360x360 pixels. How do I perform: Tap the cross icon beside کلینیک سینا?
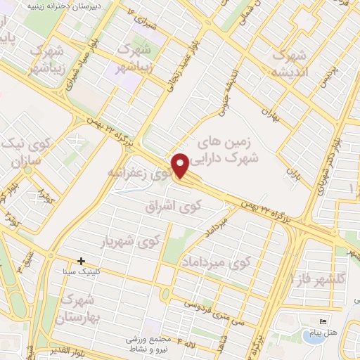(x=82, y=261)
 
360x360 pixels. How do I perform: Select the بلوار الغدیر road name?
(x=64, y=347)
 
